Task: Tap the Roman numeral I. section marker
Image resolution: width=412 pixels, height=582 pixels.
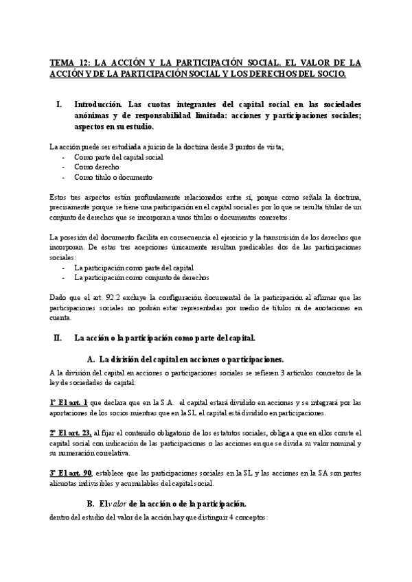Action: (x=58, y=105)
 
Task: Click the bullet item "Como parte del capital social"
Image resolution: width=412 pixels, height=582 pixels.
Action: (x=118, y=157)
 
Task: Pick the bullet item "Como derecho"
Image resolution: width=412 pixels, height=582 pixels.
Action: (x=96, y=167)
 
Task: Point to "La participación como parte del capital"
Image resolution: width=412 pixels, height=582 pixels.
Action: (x=133, y=268)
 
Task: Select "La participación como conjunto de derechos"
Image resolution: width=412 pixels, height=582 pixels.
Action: (x=141, y=277)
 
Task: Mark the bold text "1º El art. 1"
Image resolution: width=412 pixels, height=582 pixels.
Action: (x=68, y=403)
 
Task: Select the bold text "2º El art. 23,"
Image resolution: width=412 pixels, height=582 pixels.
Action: (x=71, y=433)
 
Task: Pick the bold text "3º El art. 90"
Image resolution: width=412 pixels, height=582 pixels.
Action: (x=70, y=473)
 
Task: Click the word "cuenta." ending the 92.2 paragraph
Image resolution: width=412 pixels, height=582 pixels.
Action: (x=60, y=317)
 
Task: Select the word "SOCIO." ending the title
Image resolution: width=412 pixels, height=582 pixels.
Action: (x=328, y=72)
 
